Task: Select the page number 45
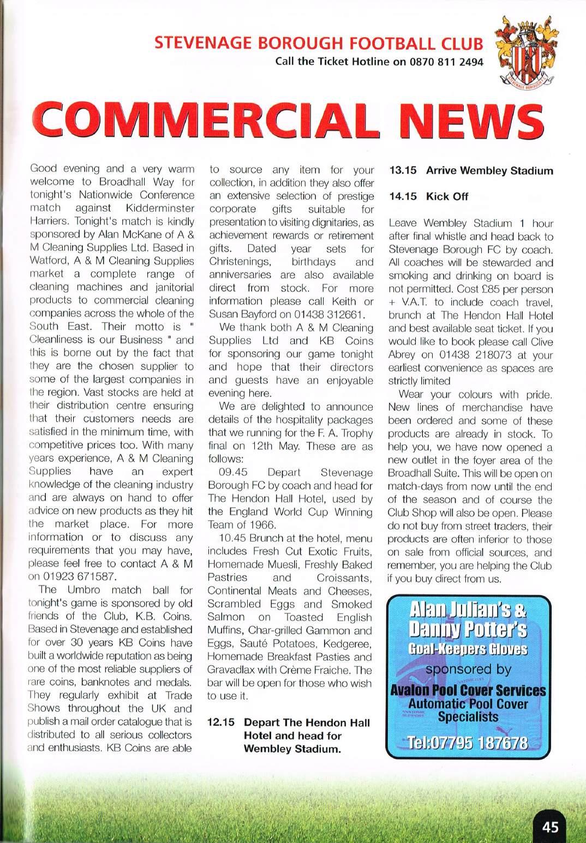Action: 550,827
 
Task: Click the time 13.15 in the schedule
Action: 403,170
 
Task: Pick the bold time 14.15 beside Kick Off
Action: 403,196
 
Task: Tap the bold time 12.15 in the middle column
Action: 221,722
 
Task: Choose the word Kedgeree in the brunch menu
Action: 348,643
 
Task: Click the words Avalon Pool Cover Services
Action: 468,690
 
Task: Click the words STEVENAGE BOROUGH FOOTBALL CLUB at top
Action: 319,44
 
